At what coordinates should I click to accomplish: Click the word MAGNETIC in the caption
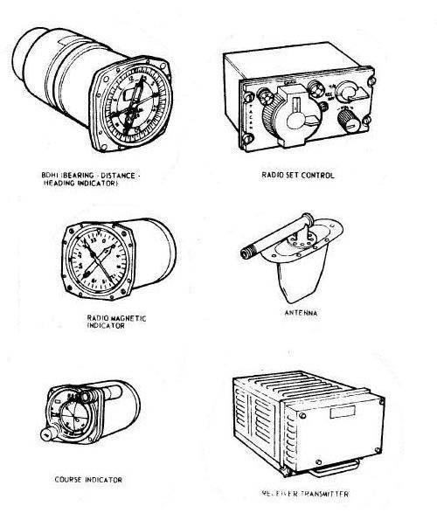click(x=113, y=317)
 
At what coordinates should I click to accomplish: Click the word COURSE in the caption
click(x=69, y=480)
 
